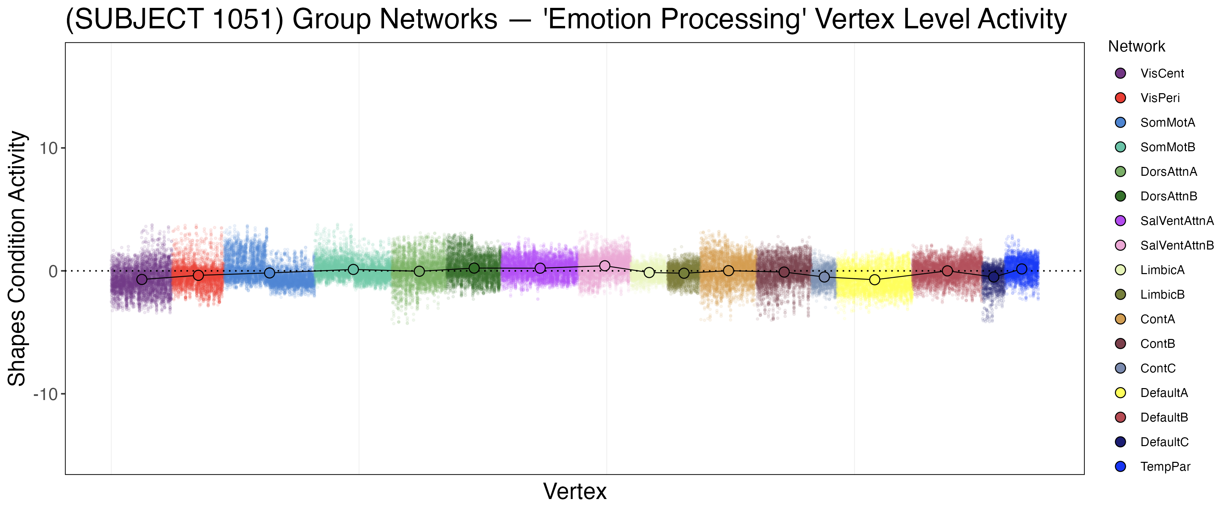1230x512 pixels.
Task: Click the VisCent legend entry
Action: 1162,73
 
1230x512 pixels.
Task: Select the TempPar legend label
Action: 1165,467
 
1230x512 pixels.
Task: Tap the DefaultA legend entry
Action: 1164,393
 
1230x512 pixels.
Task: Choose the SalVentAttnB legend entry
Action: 1176,245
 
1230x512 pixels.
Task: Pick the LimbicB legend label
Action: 1162,295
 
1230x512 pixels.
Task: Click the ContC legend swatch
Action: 1120,368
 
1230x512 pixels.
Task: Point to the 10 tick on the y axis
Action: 48,148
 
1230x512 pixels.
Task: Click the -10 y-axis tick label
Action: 45,394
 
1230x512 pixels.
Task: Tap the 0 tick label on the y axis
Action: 53,271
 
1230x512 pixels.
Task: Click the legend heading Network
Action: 1136,46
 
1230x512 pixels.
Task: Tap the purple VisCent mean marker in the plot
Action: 142,280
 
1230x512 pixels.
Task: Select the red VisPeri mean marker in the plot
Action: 198,275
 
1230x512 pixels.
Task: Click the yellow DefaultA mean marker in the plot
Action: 874,280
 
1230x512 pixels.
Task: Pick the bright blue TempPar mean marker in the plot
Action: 1021,269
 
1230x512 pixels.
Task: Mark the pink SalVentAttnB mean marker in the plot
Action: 604,266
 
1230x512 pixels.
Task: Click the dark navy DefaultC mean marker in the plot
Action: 994,277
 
